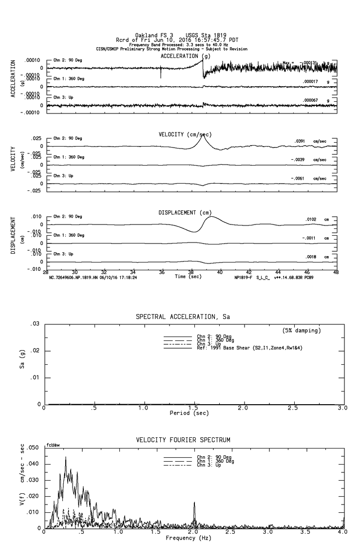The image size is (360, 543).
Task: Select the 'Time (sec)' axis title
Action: [188, 277]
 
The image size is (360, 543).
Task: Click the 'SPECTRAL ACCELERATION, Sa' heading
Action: [183, 317]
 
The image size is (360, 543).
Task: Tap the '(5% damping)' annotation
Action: [302, 331]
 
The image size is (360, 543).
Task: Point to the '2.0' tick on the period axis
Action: [243, 408]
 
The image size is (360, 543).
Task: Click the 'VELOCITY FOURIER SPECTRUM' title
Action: [183, 440]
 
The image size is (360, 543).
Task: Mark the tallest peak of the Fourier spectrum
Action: [65, 457]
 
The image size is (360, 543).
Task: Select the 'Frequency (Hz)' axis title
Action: [188, 538]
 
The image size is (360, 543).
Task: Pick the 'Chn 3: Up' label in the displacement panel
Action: [62, 254]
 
